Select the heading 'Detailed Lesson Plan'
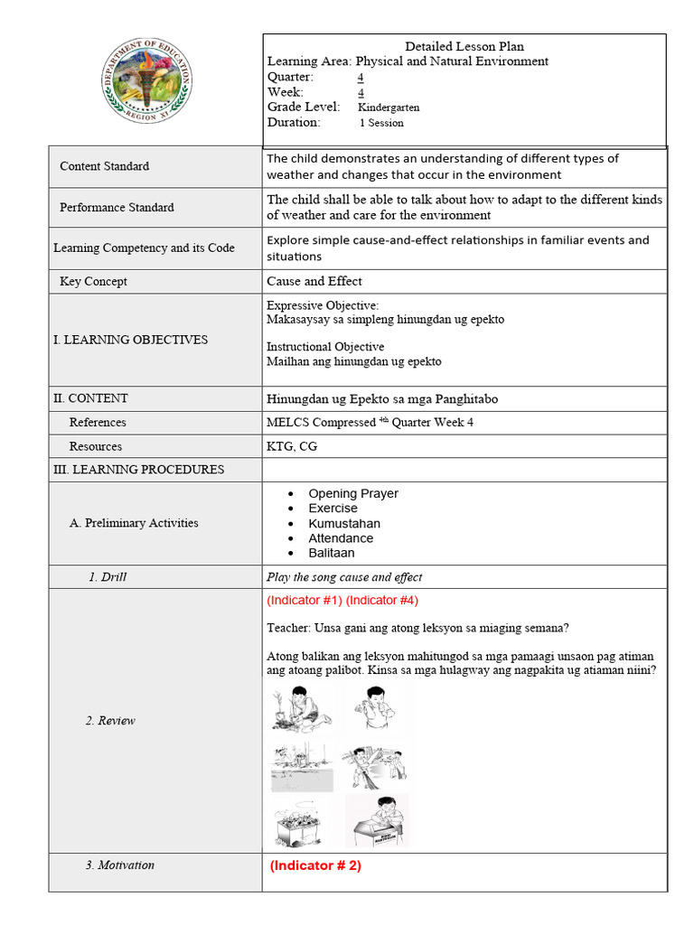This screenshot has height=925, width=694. (x=464, y=46)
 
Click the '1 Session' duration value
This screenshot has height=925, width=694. (x=381, y=123)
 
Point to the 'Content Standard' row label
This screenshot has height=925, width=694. (x=105, y=166)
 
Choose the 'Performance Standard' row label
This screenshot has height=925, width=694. (x=117, y=208)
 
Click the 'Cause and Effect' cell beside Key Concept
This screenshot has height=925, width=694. (x=314, y=281)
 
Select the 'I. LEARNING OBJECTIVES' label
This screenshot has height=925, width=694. (x=130, y=340)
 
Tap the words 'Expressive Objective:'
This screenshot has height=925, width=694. (x=323, y=305)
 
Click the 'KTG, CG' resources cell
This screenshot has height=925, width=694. (x=292, y=446)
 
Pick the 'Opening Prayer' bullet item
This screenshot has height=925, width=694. (x=352, y=493)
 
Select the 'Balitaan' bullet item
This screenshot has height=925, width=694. (x=331, y=553)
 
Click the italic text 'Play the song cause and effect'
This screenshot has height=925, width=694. (x=344, y=577)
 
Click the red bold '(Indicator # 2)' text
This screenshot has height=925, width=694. (x=315, y=865)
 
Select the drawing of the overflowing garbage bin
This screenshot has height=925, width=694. (x=302, y=821)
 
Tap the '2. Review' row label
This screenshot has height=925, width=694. (x=110, y=721)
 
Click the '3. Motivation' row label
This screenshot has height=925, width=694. (x=120, y=865)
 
